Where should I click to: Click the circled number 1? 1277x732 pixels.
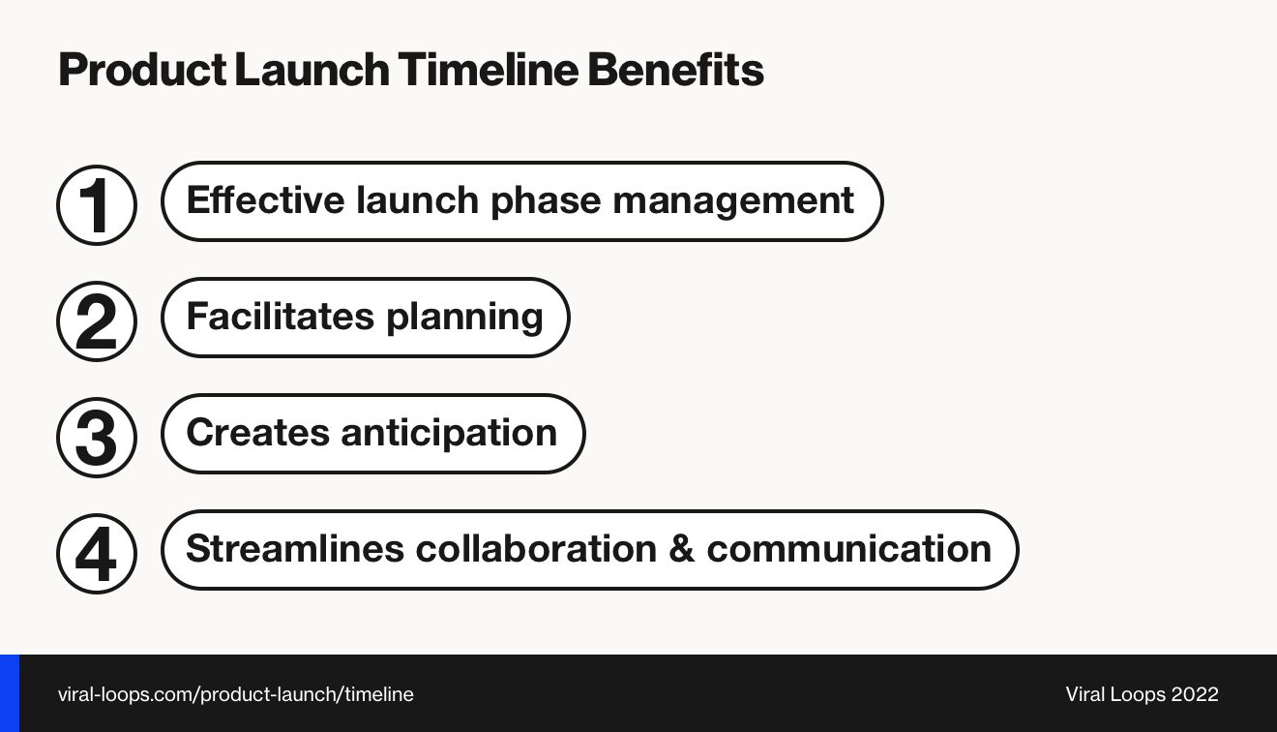tap(97, 204)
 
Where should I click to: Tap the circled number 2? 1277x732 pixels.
tap(97, 320)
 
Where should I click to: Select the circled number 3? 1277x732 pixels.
tap(97, 437)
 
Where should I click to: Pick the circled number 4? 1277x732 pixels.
tap(97, 553)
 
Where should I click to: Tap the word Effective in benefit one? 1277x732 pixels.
tap(265, 200)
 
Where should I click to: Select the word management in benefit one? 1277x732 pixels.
tap(732, 200)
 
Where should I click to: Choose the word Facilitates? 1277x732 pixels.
tap(280, 317)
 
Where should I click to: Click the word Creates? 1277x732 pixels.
tap(257, 433)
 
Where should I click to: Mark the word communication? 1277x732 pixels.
tap(848, 549)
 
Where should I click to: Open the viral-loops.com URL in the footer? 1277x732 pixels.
tap(235, 694)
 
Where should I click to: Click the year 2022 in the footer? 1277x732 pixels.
tap(1194, 694)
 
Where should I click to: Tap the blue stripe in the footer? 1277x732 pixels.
tap(10, 693)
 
